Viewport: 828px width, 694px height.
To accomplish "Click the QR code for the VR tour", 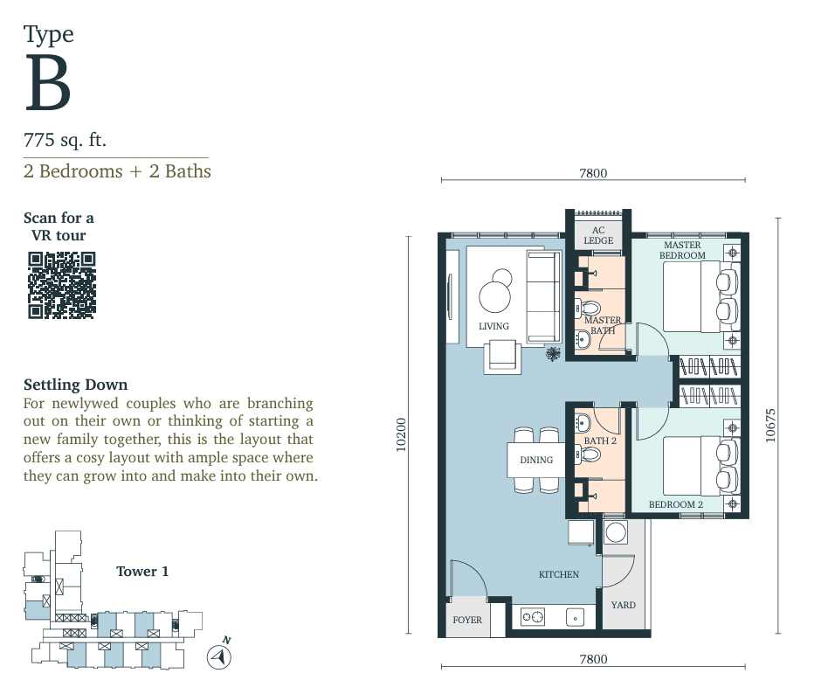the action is click(62, 286).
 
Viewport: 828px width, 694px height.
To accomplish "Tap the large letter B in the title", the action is click(47, 83).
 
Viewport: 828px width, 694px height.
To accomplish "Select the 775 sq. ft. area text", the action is click(65, 140).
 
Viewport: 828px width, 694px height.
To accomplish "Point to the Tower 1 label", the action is click(142, 572).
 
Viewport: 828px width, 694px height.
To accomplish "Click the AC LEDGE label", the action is click(598, 235).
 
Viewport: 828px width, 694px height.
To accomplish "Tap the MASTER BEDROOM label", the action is click(682, 250).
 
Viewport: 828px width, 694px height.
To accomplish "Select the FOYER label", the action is click(467, 620).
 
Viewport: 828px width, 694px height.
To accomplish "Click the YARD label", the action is click(623, 605).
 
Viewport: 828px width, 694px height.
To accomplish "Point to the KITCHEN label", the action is click(559, 574).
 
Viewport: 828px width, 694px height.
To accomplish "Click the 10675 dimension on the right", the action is click(770, 425).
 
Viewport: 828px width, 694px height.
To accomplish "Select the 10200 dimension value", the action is click(401, 435).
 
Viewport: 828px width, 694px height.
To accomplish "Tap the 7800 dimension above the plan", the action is click(593, 173).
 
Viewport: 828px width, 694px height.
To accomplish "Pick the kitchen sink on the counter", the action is click(575, 617).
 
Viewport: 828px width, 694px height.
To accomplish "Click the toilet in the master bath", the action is click(588, 309).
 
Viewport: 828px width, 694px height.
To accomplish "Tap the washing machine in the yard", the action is click(616, 532).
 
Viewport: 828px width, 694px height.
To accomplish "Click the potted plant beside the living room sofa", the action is click(553, 354).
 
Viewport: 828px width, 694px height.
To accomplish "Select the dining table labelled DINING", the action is click(536, 460).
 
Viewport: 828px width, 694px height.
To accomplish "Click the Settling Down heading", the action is click(75, 385).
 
